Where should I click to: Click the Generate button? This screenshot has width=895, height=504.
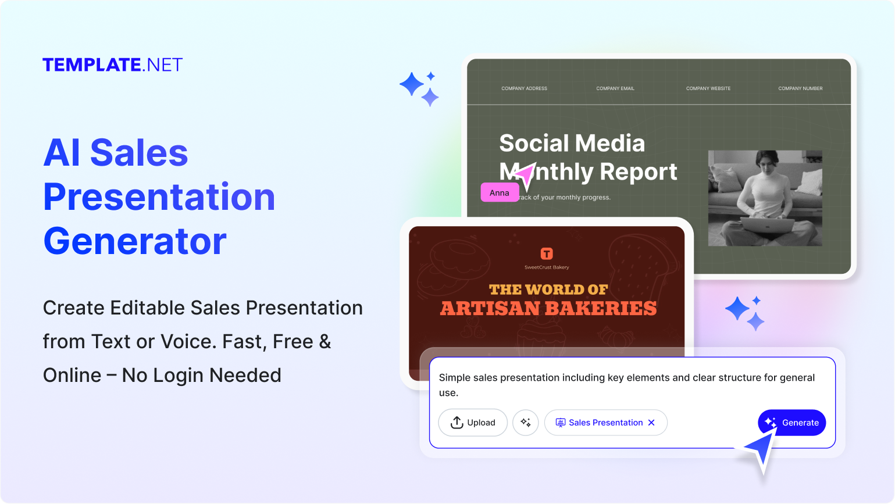791,423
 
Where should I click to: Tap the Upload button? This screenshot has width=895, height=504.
473,423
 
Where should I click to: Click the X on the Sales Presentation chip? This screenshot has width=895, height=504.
651,423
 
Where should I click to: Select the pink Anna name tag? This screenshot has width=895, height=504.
500,192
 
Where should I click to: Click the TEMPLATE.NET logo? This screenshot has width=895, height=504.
113,65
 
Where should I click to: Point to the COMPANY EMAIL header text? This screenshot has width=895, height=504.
615,88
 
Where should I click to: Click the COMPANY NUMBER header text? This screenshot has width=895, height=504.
800,88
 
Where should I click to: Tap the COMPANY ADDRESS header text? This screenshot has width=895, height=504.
524,88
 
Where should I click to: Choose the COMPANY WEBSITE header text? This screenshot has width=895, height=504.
708,88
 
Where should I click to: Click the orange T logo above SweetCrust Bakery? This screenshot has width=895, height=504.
547,253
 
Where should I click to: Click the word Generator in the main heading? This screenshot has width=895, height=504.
135,241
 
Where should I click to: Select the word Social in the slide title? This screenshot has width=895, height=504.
534,144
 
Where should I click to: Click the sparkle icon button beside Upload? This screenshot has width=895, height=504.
526,423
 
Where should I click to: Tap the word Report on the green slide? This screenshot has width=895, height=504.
638,172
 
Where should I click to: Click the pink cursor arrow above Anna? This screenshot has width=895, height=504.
524,174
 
